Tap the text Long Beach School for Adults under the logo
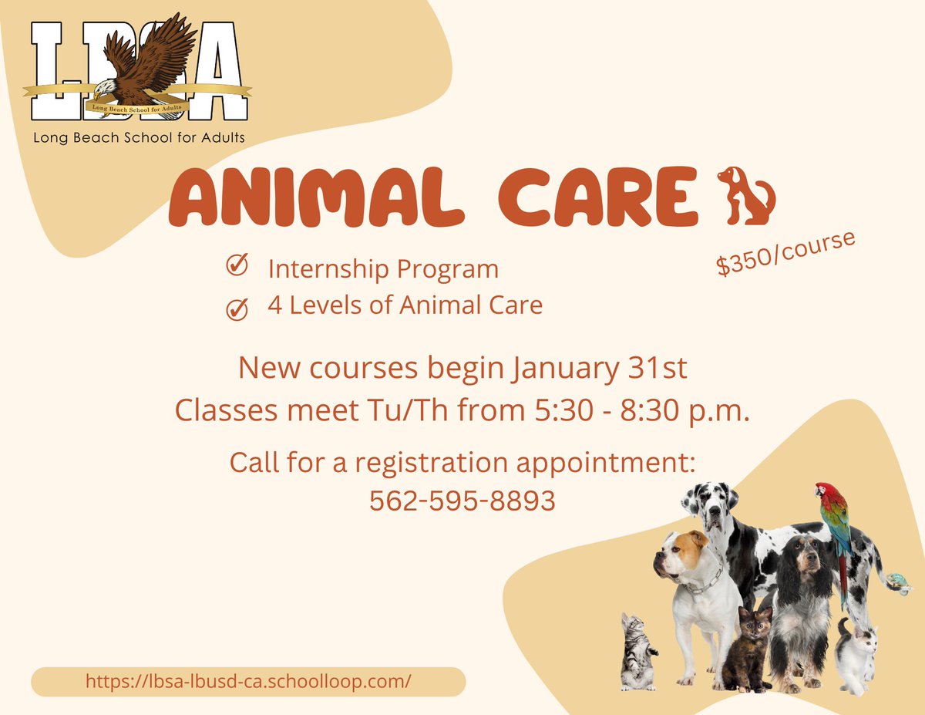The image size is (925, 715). pyautogui.click(x=139, y=138)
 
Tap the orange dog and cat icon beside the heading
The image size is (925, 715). pyautogui.click(x=745, y=196)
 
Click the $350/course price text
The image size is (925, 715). pyautogui.click(x=785, y=253)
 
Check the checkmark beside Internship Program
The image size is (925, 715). pyautogui.click(x=236, y=267)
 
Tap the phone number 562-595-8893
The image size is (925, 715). pyautogui.click(x=462, y=501)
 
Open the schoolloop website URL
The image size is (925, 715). pyautogui.click(x=248, y=681)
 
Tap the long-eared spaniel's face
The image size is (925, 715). pyautogui.click(x=802, y=567)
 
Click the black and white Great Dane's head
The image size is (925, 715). pyautogui.click(x=708, y=503)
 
